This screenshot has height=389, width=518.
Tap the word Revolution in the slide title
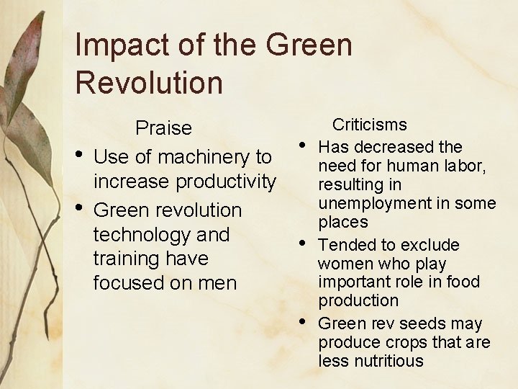pyautogui.click(x=149, y=83)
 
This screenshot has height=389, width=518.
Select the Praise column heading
pyautogui.click(x=164, y=128)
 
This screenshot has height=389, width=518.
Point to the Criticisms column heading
pyautogui.click(x=369, y=125)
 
